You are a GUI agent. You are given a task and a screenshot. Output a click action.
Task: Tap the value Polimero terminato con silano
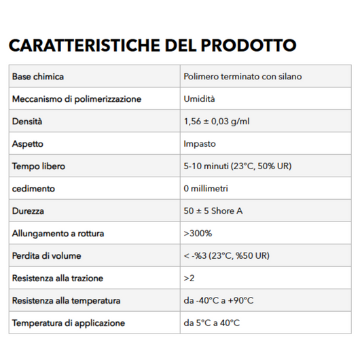click(242, 77)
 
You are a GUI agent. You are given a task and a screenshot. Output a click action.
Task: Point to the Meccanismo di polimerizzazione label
click(77, 99)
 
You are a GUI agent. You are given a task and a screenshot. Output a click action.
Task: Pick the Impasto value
click(200, 144)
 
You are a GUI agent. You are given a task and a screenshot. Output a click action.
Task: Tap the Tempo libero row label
click(39, 166)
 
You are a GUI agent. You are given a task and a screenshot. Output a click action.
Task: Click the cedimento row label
click(33, 189)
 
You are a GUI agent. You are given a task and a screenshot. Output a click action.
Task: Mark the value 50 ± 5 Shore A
click(213, 211)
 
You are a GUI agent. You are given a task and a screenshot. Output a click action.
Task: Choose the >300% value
click(198, 234)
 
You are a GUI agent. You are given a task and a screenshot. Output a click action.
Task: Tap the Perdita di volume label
click(46, 256)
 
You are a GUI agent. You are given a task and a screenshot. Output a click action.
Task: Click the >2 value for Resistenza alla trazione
click(189, 278)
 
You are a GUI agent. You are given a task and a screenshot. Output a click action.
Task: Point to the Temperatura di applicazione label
click(69, 323)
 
